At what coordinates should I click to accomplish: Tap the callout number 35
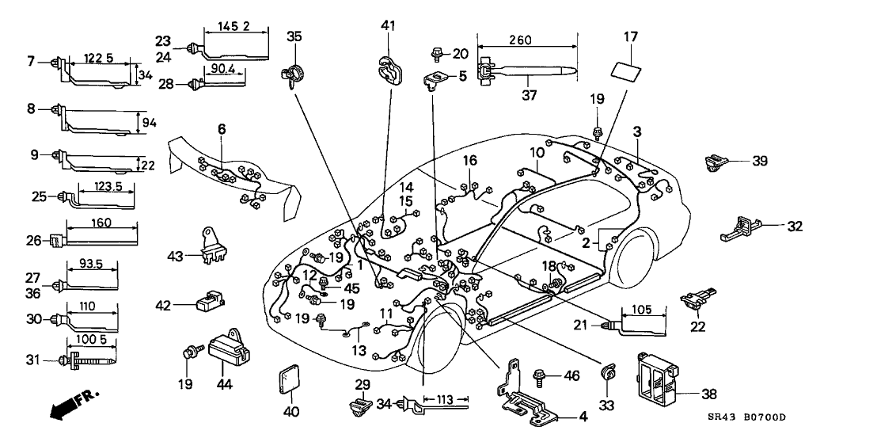pyautogui.click(x=294, y=36)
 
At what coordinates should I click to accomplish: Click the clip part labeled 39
pyautogui.click(x=716, y=163)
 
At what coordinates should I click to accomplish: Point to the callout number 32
pyautogui.click(x=795, y=226)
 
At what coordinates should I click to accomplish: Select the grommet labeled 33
pyautogui.click(x=609, y=372)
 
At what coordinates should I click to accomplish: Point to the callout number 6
pyautogui.click(x=222, y=129)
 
